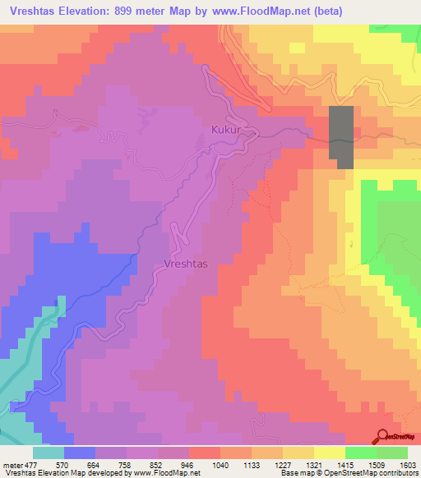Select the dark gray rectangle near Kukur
click(341, 137)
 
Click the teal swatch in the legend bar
click(49, 453)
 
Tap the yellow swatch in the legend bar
click(329, 453)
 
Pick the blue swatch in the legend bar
click(80, 453)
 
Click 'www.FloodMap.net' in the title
click(254, 11)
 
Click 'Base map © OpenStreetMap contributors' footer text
click(349, 473)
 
